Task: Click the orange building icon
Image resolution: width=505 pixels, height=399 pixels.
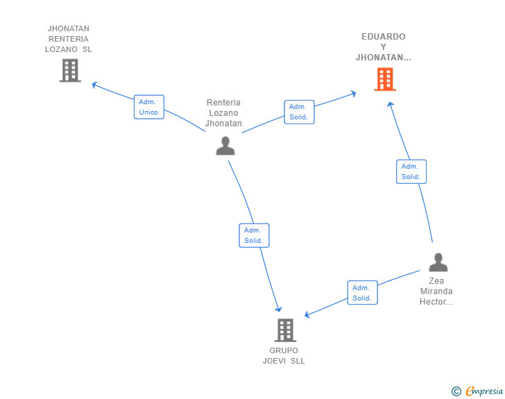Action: tap(385, 79)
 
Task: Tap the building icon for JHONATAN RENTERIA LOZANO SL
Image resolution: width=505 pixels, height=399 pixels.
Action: tap(70, 71)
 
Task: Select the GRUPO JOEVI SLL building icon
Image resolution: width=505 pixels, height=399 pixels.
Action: tap(285, 330)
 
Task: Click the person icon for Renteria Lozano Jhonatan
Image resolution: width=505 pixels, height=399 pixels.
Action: tap(225, 146)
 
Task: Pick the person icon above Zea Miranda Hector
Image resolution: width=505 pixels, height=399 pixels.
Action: tap(438, 262)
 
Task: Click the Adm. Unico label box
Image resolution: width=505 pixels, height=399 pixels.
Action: tap(148, 107)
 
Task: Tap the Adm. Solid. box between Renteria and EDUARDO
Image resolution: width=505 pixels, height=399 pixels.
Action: tap(299, 112)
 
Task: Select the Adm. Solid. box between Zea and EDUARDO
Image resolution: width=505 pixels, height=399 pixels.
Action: tap(411, 171)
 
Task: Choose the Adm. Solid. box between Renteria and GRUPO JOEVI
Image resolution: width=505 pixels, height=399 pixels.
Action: tap(254, 235)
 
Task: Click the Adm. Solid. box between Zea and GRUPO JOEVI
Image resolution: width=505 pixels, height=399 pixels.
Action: tap(362, 293)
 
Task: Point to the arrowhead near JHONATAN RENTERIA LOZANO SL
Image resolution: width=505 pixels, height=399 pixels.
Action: tap(94, 85)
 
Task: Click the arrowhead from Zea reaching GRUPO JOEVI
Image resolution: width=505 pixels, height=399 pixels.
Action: tap(307, 314)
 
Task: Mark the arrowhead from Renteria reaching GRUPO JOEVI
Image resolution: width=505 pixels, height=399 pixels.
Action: tap(279, 309)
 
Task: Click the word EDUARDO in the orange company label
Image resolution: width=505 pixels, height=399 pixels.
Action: tap(383, 36)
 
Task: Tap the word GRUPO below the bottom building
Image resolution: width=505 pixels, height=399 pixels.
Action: tap(284, 350)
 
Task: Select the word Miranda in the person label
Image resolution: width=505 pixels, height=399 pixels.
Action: tap(436, 291)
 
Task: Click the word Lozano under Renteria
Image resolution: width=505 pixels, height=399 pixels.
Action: tap(223, 113)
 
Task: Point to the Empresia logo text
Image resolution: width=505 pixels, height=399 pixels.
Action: tap(484, 391)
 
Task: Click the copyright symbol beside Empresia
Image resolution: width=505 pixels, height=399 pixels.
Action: tap(456, 391)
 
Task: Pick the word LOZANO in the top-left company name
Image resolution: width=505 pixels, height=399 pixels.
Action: tap(61, 49)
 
